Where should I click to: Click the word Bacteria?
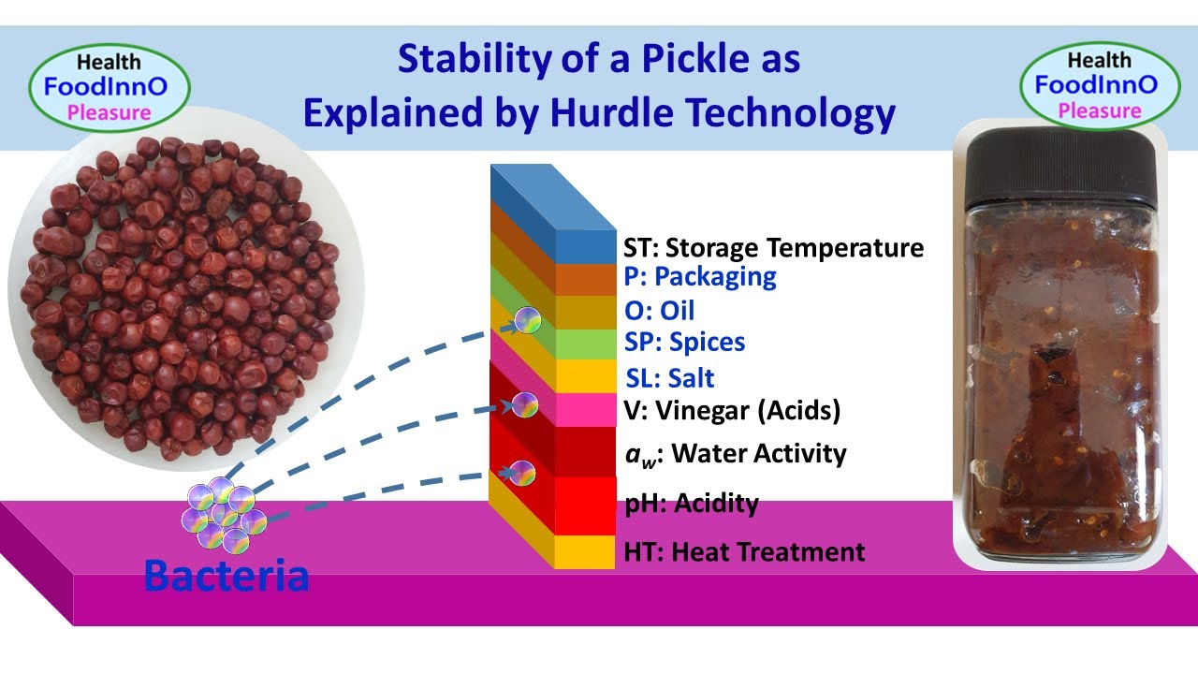click(x=226, y=576)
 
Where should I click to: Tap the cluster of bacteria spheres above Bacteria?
click(x=223, y=514)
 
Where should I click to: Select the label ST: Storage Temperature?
click(x=774, y=248)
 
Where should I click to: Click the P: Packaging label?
click(x=700, y=277)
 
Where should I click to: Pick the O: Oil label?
click(x=659, y=310)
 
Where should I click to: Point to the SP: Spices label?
click(x=684, y=343)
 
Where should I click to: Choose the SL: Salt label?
click(x=669, y=378)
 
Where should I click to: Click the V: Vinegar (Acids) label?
click(x=732, y=410)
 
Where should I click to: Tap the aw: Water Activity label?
click(x=736, y=454)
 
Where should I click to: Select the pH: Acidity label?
click(x=692, y=504)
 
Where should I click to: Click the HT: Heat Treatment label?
click(x=744, y=552)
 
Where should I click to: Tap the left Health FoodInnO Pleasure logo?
click(x=109, y=88)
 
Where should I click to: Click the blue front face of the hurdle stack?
click(x=585, y=246)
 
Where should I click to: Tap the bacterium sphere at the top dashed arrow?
click(x=527, y=321)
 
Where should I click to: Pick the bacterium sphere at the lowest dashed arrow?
click(x=521, y=474)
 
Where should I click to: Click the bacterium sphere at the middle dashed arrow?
click(x=524, y=405)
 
